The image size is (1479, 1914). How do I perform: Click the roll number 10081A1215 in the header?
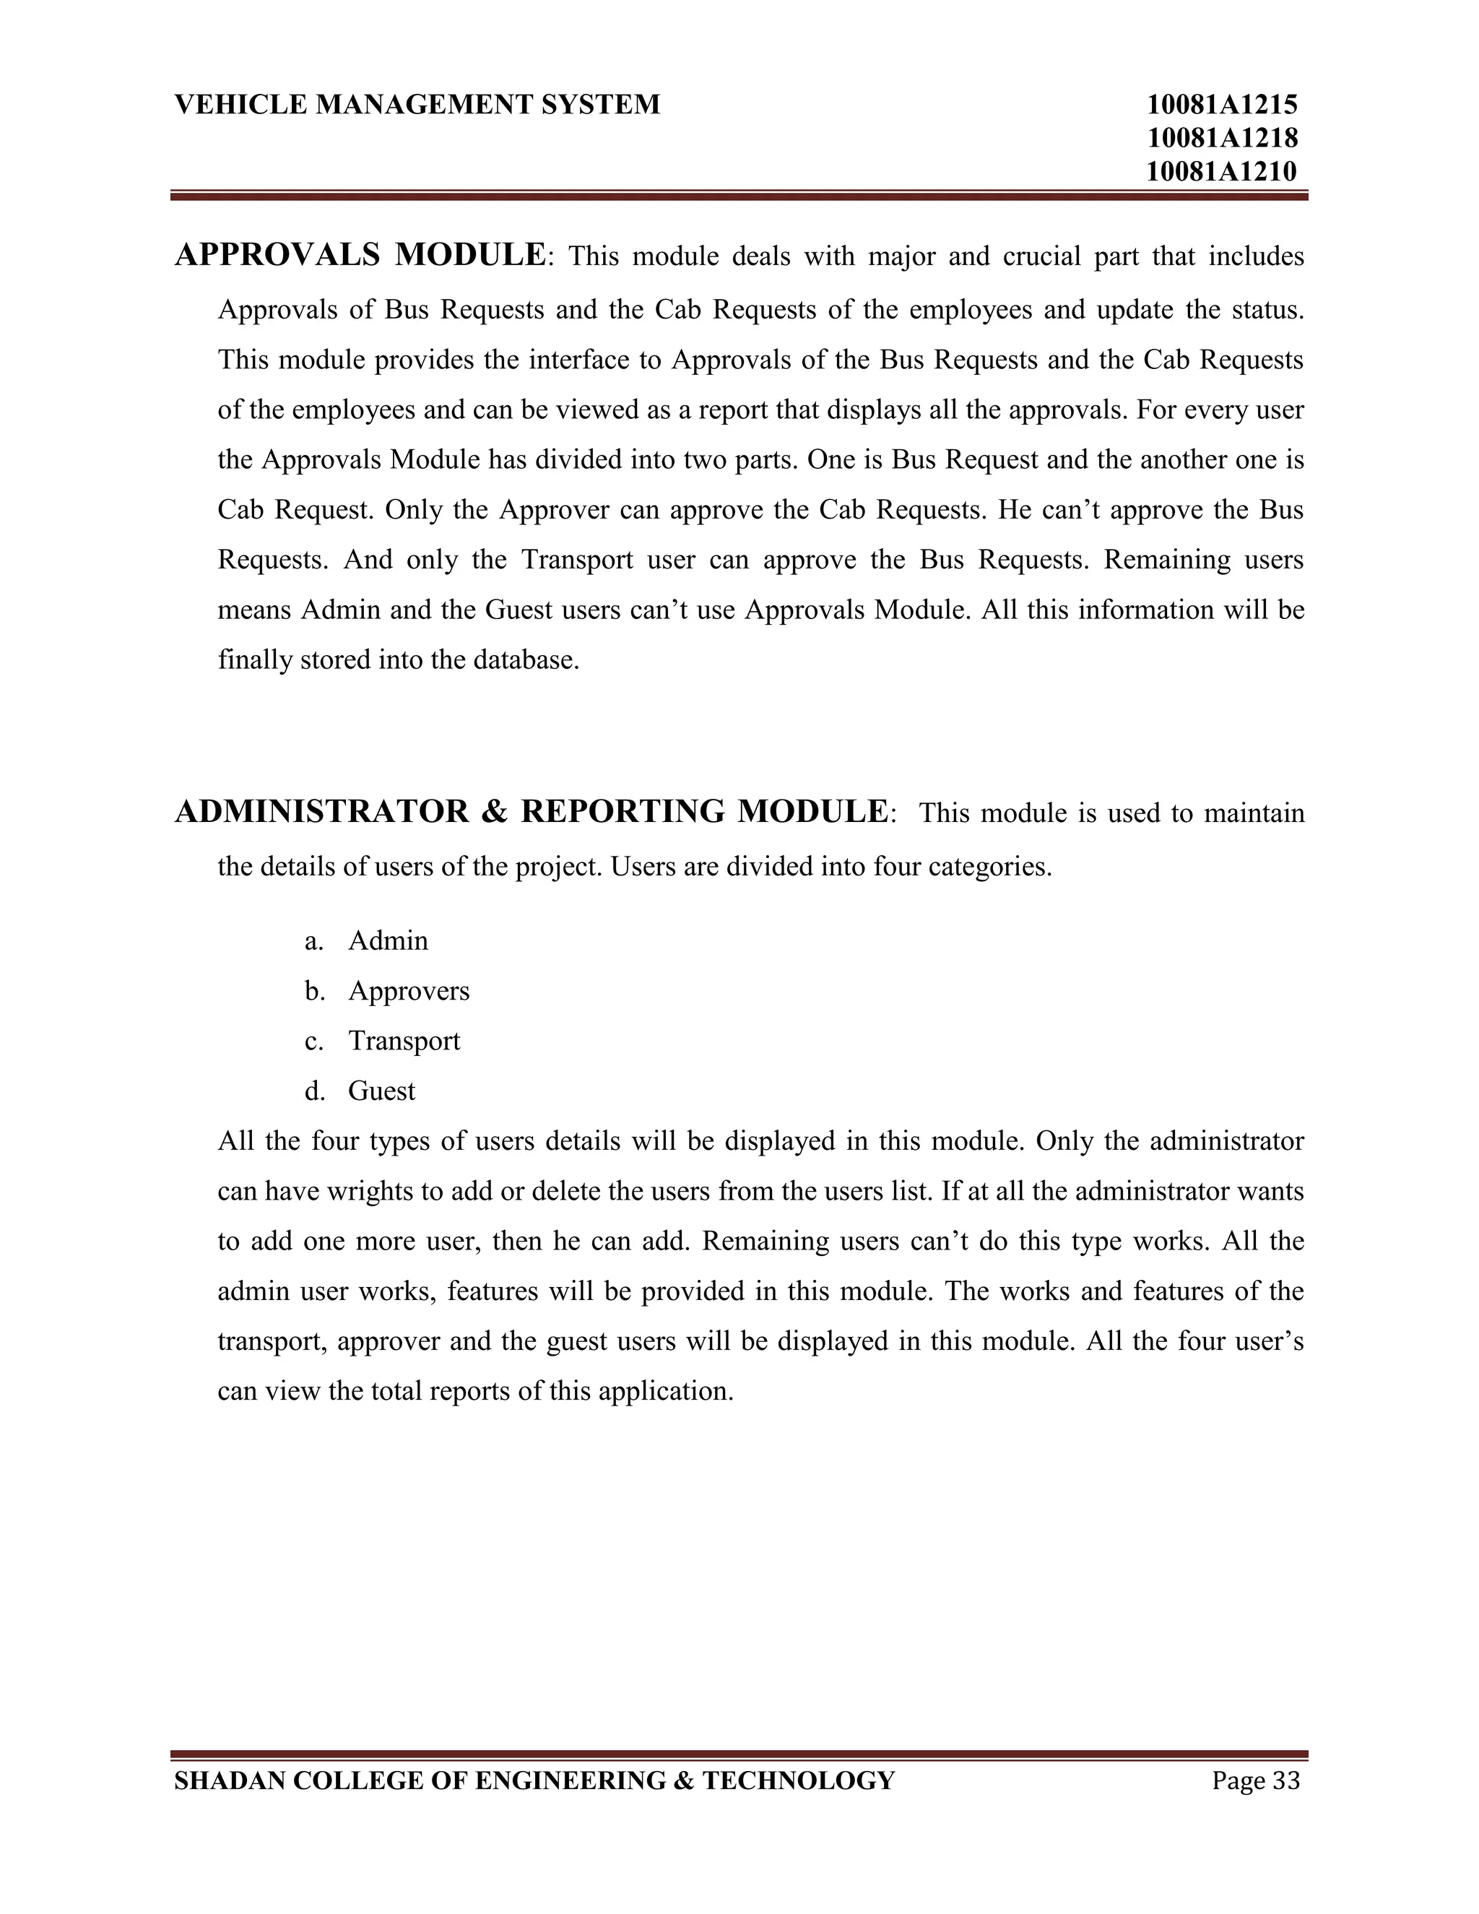click(x=1221, y=105)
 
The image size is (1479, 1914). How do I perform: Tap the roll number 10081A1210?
click(x=1221, y=171)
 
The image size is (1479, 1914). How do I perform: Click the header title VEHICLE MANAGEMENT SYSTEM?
click(x=417, y=105)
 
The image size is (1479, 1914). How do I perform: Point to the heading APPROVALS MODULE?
click(x=360, y=255)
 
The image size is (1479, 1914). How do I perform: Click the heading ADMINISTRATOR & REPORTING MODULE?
click(x=531, y=812)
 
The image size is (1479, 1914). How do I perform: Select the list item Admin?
click(x=388, y=941)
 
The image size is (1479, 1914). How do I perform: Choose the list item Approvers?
click(x=409, y=991)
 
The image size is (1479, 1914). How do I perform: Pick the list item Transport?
click(x=404, y=1041)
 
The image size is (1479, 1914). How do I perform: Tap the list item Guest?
click(x=381, y=1091)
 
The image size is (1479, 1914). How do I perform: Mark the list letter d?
click(x=313, y=1091)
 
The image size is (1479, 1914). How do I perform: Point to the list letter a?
click(x=313, y=941)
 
